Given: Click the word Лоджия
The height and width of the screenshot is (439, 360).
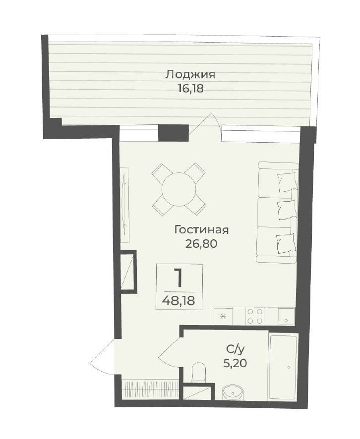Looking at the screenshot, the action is click(x=190, y=75).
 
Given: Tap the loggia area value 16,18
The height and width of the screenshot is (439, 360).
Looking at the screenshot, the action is click(x=190, y=89).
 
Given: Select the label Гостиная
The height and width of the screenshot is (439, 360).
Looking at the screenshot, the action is click(x=201, y=230).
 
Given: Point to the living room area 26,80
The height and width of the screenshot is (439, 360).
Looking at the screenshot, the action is click(x=201, y=244).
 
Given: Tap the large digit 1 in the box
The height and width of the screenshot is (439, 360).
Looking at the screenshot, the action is click(x=178, y=277).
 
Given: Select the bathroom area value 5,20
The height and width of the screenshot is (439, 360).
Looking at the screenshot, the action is click(x=235, y=363).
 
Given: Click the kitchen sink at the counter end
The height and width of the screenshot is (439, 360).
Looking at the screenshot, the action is click(x=286, y=317).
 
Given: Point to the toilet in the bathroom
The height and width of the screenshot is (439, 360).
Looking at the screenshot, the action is click(x=199, y=372).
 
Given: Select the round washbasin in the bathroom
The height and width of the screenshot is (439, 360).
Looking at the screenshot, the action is click(x=233, y=393).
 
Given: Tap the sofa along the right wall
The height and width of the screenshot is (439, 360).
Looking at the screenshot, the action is click(x=277, y=212).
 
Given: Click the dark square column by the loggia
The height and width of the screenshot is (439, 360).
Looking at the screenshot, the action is click(x=173, y=133).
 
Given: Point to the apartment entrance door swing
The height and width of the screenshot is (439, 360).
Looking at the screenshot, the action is click(x=104, y=356).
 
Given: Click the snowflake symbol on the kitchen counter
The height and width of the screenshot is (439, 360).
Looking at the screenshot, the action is click(x=223, y=317).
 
